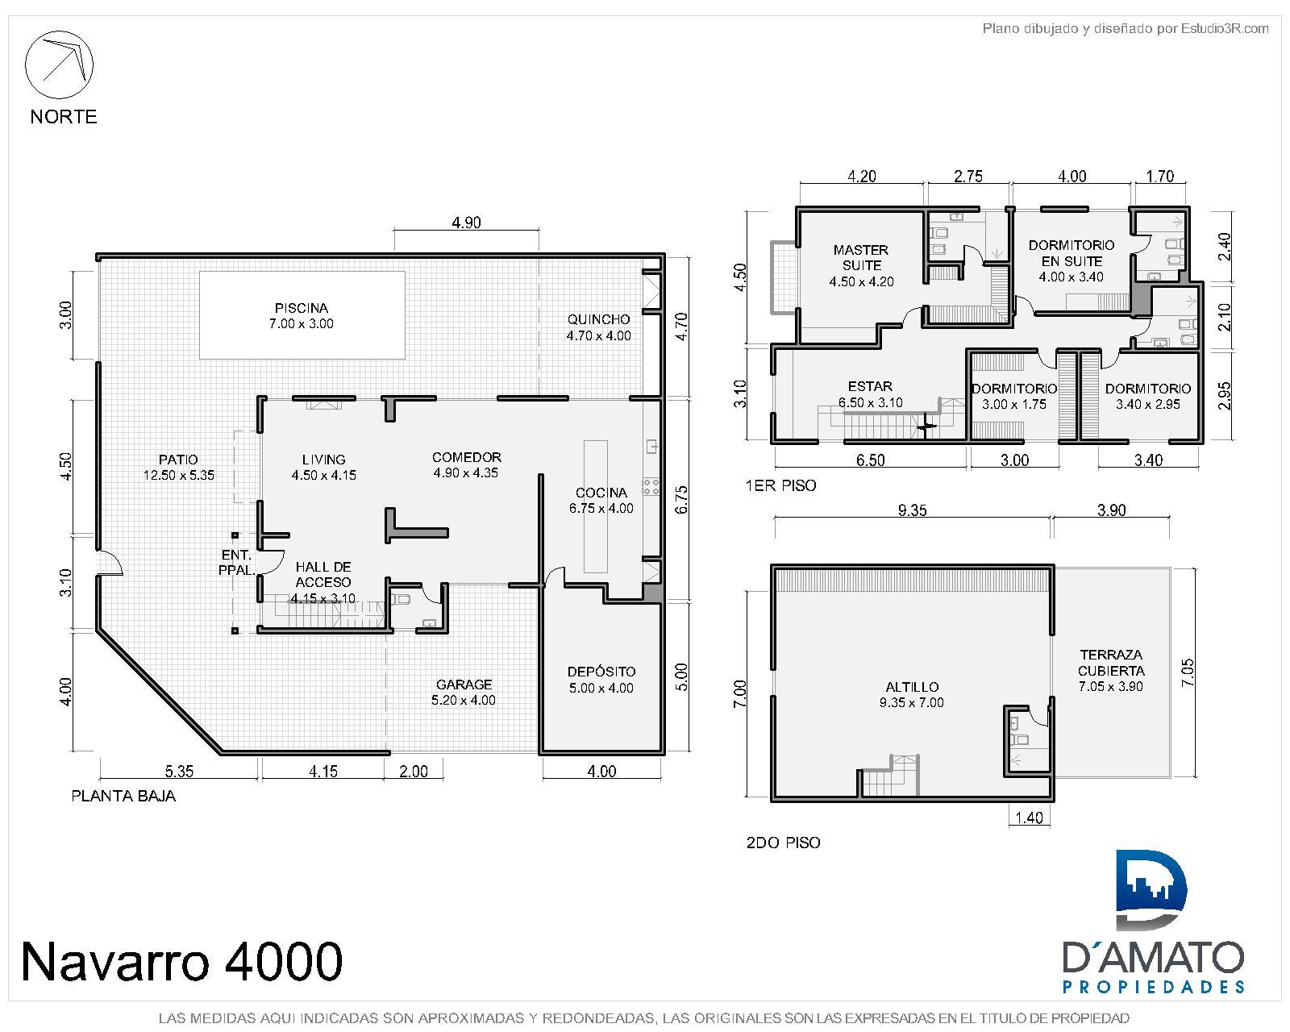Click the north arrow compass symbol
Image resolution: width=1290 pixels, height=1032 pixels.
[x=59, y=64]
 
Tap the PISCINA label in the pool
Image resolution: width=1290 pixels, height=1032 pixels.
[x=301, y=308]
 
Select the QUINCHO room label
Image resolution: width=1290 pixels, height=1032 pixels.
[x=598, y=319]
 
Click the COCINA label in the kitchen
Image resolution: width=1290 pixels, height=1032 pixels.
[x=601, y=493]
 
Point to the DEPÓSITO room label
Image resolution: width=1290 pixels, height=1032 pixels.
[x=601, y=672]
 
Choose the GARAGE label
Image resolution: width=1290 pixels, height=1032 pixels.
[x=464, y=685]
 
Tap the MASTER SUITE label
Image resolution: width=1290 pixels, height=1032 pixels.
[x=861, y=257]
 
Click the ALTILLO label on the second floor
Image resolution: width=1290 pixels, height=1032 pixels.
[x=912, y=687]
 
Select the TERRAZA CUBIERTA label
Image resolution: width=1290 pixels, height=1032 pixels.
[x=1111, y=663]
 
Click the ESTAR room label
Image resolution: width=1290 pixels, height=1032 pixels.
[x=870, y=387]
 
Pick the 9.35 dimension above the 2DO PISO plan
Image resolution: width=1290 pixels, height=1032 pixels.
[x=912, y=510]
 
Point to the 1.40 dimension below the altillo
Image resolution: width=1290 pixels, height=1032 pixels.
[x=1029, y=818]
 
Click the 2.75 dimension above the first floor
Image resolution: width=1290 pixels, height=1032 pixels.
[x=968, y=177]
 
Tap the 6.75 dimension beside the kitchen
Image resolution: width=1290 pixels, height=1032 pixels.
[x=681, y=500]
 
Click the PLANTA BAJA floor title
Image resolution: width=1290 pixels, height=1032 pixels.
[x=123, y=797]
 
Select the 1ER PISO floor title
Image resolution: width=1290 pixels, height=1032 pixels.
[x=781, y=485]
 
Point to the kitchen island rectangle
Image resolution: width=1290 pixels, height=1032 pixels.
[x=595, y=506]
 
